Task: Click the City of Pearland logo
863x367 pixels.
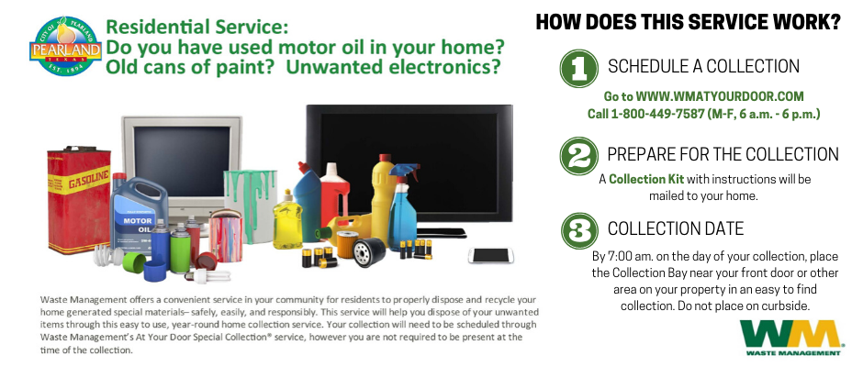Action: click(x=65, y=46)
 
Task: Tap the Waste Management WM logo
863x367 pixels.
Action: click(x=790, y=337)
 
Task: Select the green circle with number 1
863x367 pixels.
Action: click(x=578, y=68)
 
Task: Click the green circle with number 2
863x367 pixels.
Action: click(x=578, y=156)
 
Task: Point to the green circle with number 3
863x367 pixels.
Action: click(x=579, y=230)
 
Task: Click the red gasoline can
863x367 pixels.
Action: click(x=79, y=200)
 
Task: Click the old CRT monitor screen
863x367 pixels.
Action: click(x=182, y=161)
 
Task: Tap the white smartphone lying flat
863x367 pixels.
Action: click(x=490, y=255)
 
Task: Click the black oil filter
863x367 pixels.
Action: click(x=369, y=252)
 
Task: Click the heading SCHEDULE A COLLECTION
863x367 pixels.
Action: click(x=703, y=67)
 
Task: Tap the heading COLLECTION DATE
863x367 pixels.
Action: click(x=676, y=228)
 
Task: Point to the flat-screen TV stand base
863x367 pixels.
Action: click(x=442, y=233)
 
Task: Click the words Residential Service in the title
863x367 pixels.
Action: click(x=196, y=27)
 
